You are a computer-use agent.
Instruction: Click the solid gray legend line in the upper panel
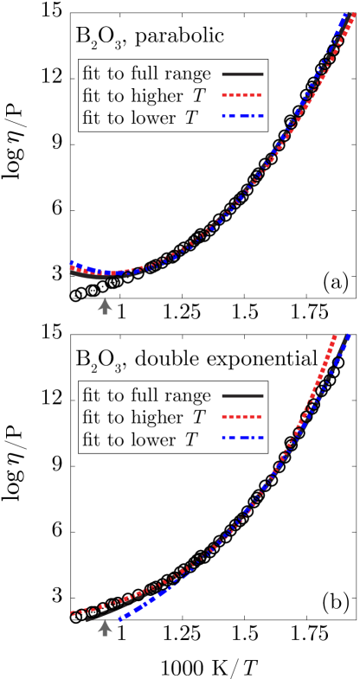coord(242,74)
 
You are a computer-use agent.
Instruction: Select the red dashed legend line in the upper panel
coord(242,95)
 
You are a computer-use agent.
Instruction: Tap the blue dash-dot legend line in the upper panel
coord(242,116)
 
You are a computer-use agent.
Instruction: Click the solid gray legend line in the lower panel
coord(242,396)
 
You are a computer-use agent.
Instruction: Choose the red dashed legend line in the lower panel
coord(242,417)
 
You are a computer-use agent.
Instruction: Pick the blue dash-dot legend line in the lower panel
coord(242,438)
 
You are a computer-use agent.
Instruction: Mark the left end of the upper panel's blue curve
coord(71,262)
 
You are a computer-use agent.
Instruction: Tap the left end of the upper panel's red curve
coord(71,268)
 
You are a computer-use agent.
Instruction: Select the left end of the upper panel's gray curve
coord(71,273)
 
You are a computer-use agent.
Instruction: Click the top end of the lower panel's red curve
coord(334,336)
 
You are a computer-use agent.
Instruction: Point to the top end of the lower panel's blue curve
coord(348,335)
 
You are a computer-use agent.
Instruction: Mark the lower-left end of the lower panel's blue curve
coord(119,619)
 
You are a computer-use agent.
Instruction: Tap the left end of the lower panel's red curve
coord(71,613)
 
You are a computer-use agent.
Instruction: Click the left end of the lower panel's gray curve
coord(87,619)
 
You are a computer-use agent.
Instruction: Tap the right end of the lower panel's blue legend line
coord(263,438)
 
